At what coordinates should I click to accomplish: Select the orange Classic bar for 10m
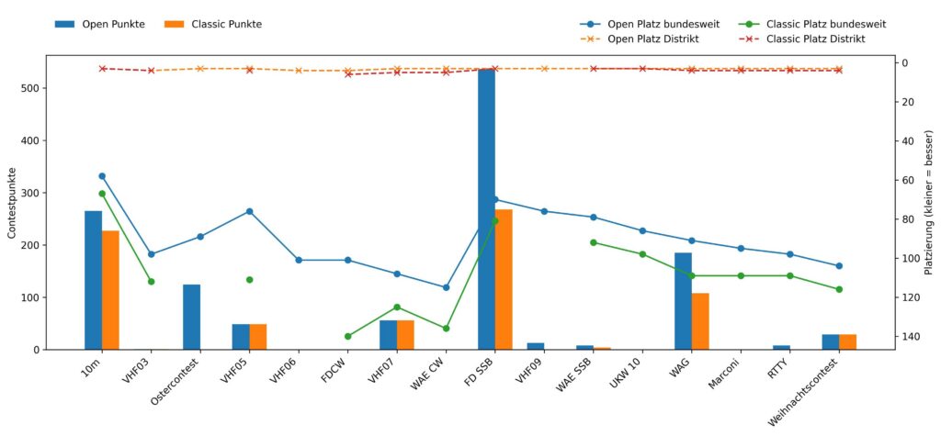pos(110,290)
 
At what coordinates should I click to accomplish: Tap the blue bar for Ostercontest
pos(191,317)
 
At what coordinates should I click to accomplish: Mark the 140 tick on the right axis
pos(913,337)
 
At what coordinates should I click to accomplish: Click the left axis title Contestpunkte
pos(12,203)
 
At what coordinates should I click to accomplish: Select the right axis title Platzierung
pos(929,203)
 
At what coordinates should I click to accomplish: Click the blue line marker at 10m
pos(102,176)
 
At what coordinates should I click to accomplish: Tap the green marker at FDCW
pos(347,337)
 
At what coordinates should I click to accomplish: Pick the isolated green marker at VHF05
pos(249,280)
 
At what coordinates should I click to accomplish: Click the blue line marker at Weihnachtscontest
pos(839,266)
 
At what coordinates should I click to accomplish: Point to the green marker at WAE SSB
pos(594,242)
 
